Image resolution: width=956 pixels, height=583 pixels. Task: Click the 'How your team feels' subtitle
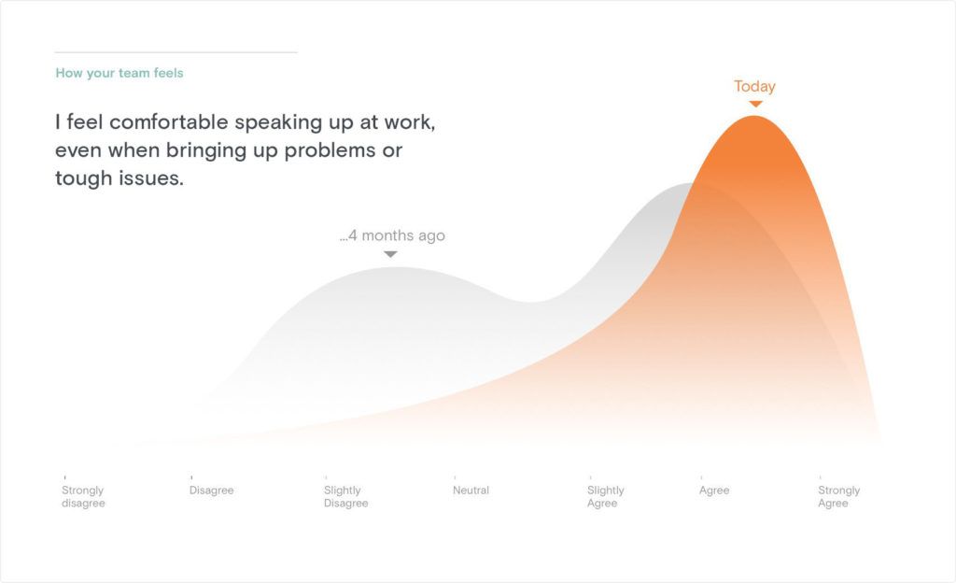[119, 73]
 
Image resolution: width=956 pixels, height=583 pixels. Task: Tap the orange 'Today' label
[754, 87]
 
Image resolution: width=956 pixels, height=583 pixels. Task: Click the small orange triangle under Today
[755, 104]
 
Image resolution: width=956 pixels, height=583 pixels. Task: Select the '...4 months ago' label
[392, 235]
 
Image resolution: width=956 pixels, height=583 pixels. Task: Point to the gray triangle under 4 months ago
[391, 254]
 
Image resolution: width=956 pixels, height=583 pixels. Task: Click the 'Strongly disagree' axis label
[83, 496]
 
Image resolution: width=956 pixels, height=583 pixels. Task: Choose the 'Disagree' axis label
[212, 491]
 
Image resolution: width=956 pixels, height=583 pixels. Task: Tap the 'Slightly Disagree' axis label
[345, 496]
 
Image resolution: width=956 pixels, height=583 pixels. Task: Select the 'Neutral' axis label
[471, 491]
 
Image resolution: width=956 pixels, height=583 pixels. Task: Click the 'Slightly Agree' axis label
[605, 496]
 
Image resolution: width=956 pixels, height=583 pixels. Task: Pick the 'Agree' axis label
[714, 491]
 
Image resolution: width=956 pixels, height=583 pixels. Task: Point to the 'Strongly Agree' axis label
[838, 496]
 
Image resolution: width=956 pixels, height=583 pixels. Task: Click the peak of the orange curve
[754, 116]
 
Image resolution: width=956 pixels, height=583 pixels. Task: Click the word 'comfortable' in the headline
[169, 122]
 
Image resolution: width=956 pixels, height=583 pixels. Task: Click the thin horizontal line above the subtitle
[176, 52]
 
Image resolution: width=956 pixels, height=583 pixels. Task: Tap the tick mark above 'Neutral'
[455, 477]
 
